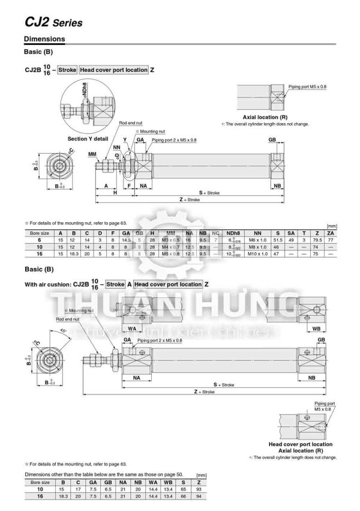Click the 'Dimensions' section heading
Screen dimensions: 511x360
(44, 40)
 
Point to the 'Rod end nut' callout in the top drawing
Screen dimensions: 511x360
(130, 122)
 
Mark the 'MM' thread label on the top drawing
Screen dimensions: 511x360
(92, 154)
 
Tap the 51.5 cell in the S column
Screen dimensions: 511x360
(278, 239)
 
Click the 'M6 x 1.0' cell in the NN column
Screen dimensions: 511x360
(257, 239)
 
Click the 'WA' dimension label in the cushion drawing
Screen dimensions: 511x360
(131, 329)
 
